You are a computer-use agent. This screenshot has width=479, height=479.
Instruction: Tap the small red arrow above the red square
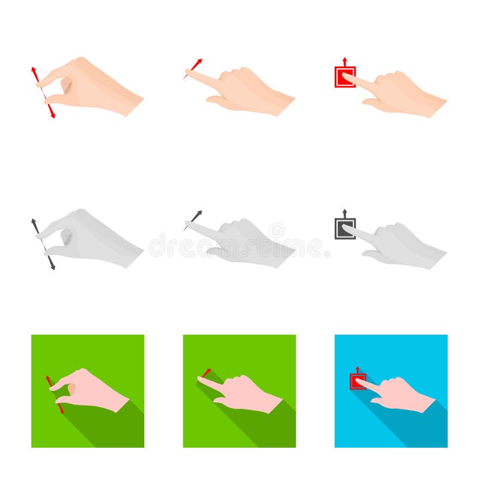345,61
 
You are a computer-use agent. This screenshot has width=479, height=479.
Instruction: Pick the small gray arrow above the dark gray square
345,213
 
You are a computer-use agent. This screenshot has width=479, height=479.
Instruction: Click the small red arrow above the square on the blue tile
357,369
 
